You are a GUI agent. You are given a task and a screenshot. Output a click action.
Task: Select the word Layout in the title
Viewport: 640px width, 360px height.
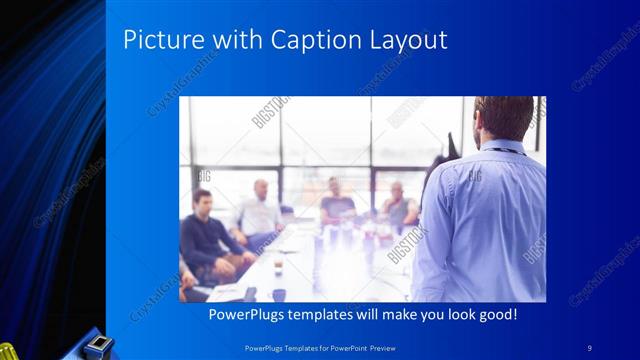click(410, 40)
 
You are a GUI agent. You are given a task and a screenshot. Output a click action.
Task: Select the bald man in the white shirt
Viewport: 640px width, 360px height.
click(258, 210)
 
